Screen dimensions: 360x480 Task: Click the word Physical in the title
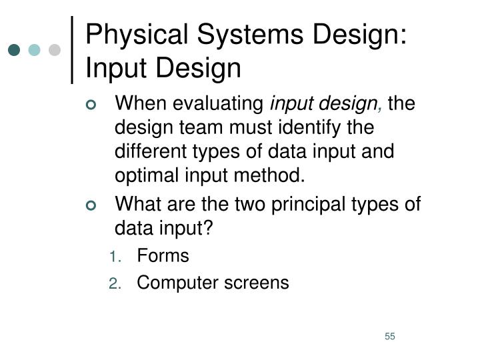125,33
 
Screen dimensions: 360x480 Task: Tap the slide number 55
390,336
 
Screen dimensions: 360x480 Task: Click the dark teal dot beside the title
15,50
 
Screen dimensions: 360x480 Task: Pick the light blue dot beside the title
35,50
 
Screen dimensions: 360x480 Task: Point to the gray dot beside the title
55,50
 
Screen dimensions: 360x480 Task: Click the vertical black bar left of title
72,50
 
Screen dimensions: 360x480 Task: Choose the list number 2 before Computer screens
114,284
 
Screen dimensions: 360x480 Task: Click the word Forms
163,256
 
